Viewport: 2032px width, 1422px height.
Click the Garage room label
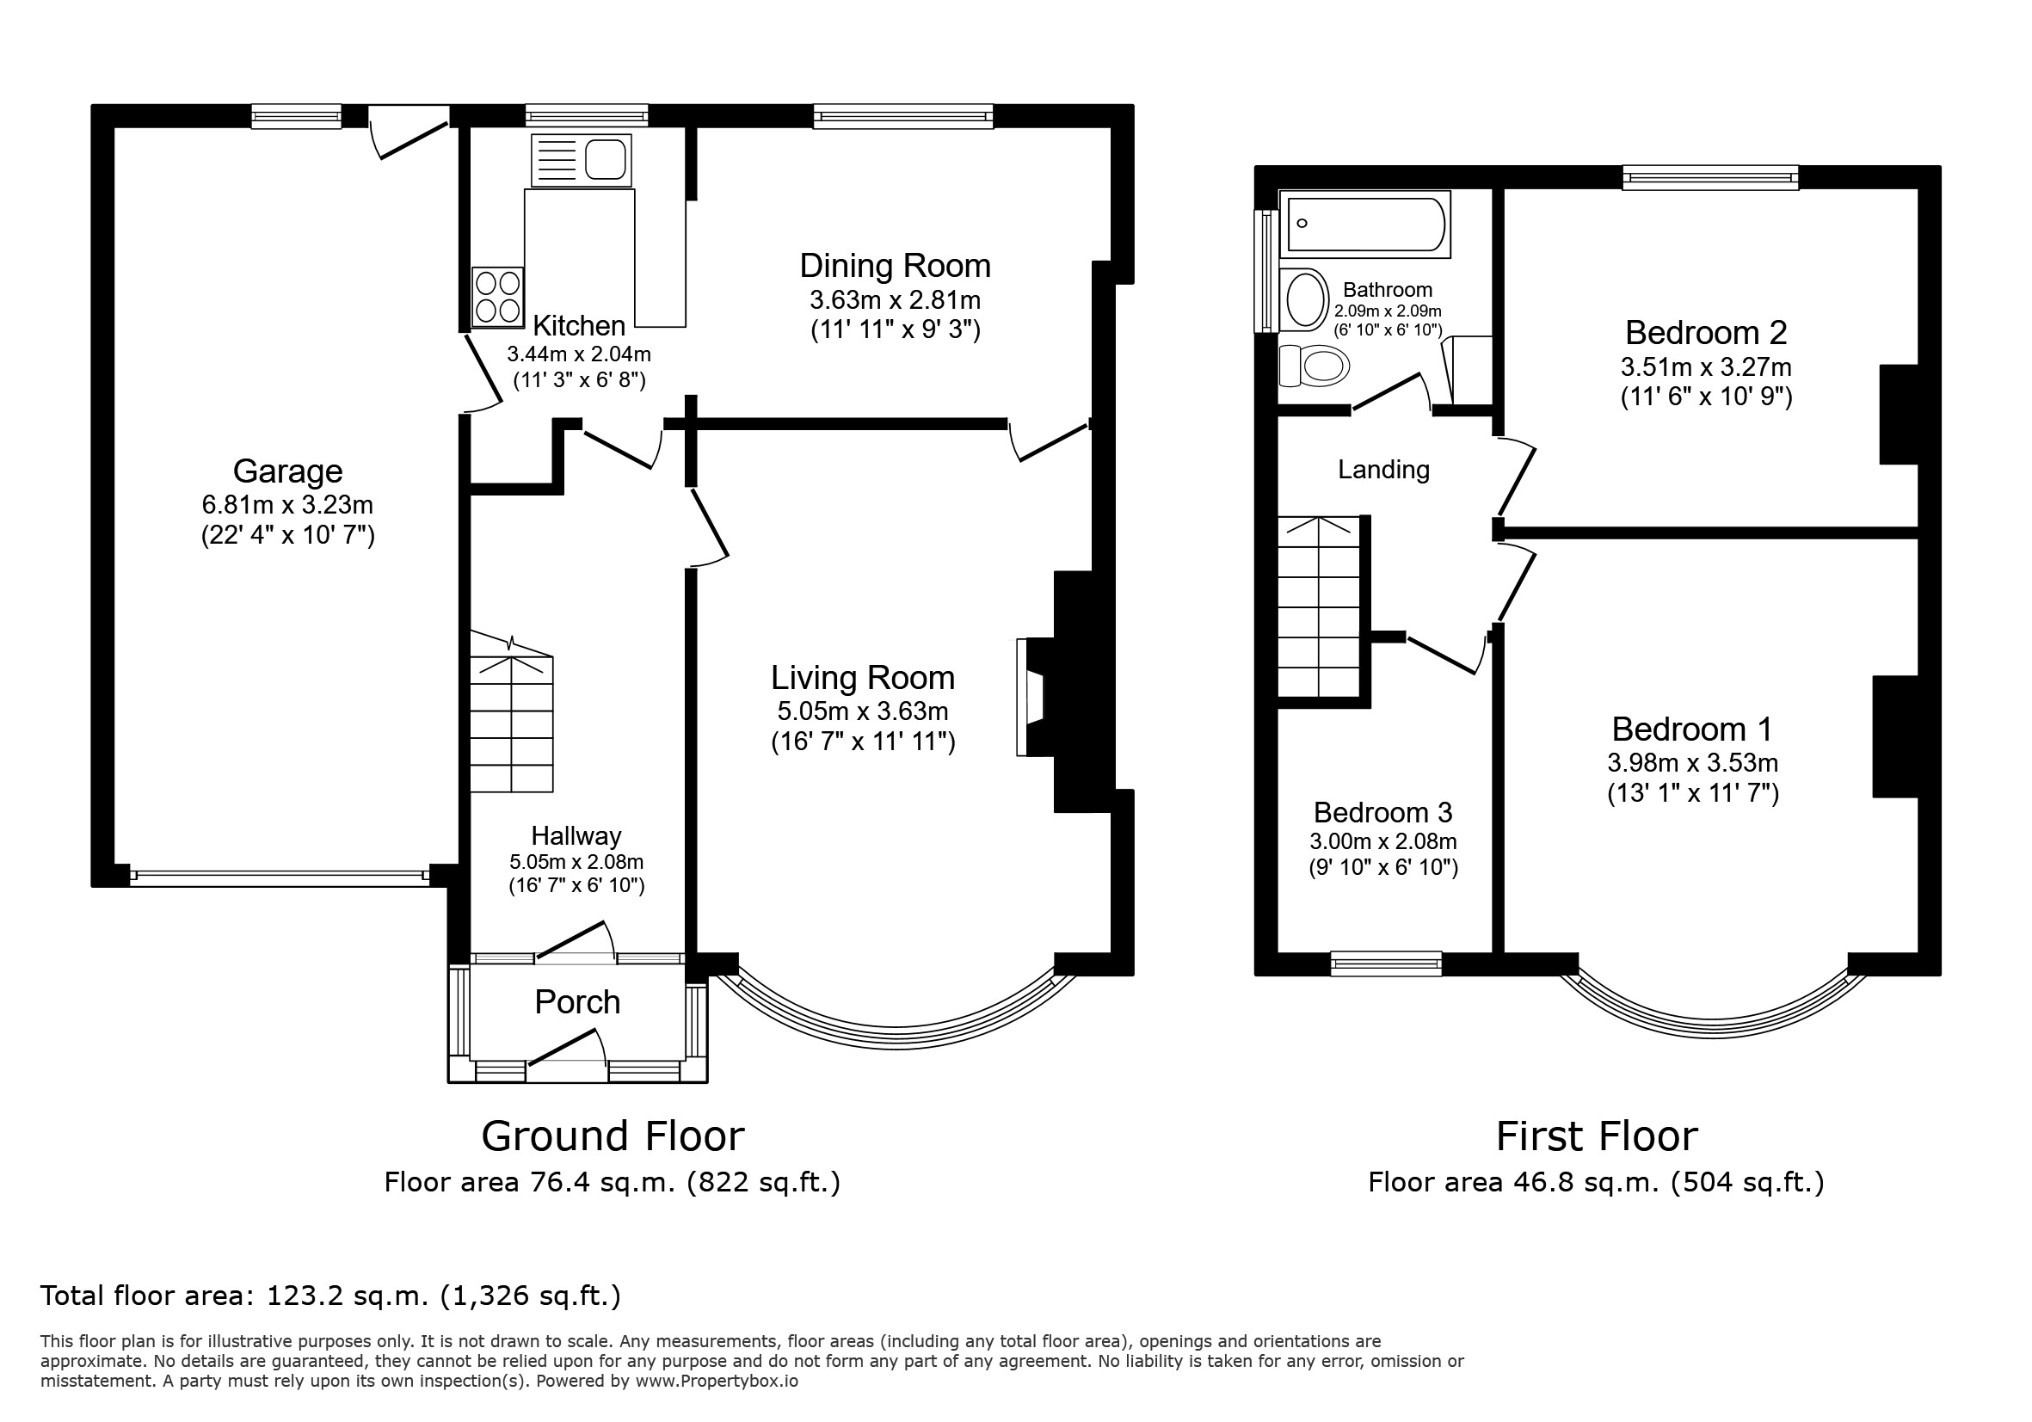[x=287, y=471]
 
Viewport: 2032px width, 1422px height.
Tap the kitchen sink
[x=582, y=160]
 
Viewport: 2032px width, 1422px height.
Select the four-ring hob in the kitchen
[x=497, y=297]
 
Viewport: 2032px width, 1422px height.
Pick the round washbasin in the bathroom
[x=1304, y=300]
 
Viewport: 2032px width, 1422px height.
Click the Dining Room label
[x=895, y=266]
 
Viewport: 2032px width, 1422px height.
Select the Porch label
[x=577, y=1001]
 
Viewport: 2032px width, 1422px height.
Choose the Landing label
[x=1383, y=470]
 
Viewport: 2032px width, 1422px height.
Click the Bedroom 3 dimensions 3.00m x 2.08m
[x=1383, y=841]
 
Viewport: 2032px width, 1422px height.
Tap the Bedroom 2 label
[x=1706, y=333]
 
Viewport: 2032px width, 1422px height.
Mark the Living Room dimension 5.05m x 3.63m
[x=863, y=711]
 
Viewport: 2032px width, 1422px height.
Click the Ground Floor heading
[x=613, y=1136]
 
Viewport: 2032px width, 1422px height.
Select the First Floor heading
[x=1597, y=1136]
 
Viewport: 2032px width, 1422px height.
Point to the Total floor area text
[x=331, y=1296]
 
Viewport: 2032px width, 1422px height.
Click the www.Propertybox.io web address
[x=717, y=1382]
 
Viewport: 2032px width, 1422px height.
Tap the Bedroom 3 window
[x=1387, y=963]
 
